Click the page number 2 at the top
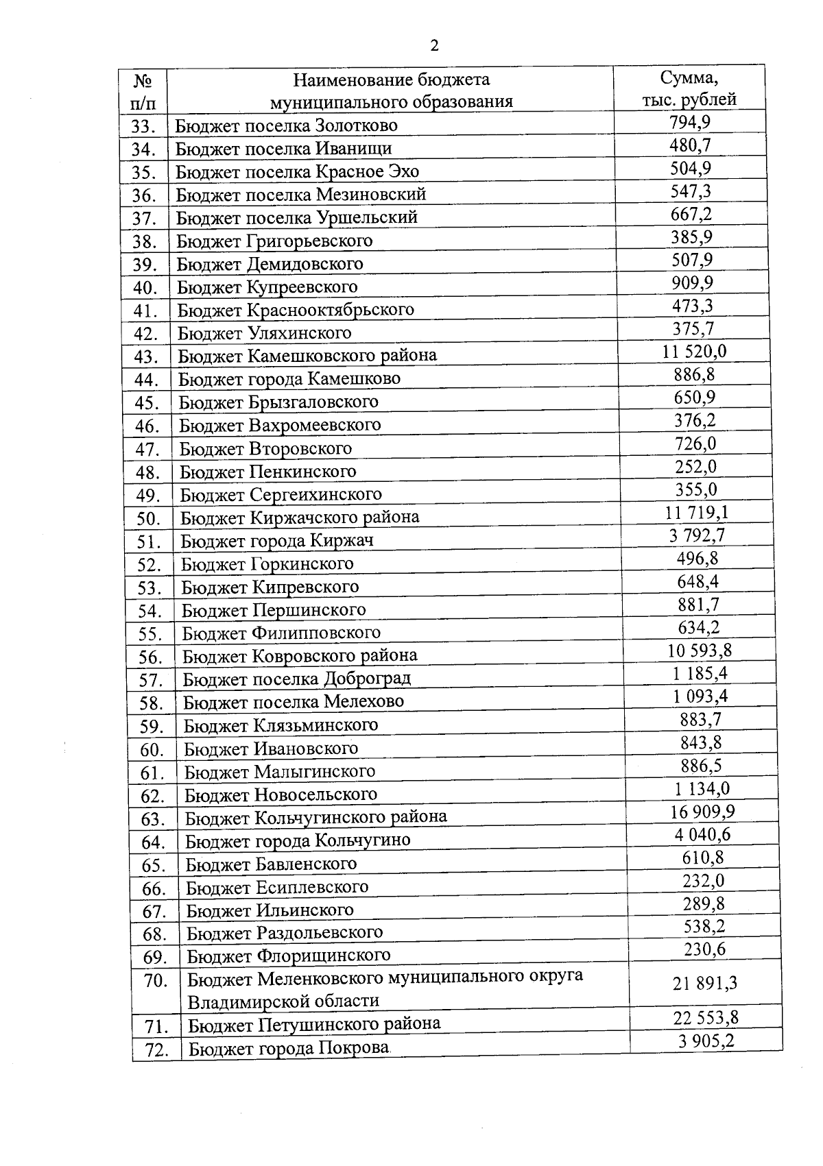tap(433, 47)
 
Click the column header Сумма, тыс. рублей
tap(689, 88)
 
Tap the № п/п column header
tap(143, 91)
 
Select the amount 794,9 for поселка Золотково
tap(689, 122)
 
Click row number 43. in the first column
tap(145, 357)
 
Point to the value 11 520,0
tap(694, 352)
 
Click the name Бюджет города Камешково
tap(289, 379)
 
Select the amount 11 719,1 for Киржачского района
tap(697, 513)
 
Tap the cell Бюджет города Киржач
tap(277, 541)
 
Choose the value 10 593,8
tap(699, 651)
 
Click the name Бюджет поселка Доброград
tap(296, 679)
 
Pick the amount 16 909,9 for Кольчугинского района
tap(702, 812)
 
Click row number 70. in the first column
tap(155, 981)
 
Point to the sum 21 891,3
tap(705, 984)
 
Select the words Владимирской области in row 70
tap(283, 1001)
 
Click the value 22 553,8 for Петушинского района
tap(706, 1018)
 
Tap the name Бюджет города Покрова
tap(289, 1049)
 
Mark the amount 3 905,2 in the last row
tap(706, 1042)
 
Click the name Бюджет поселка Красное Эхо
tap(297, 171)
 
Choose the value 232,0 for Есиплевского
tap(703, 881)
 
